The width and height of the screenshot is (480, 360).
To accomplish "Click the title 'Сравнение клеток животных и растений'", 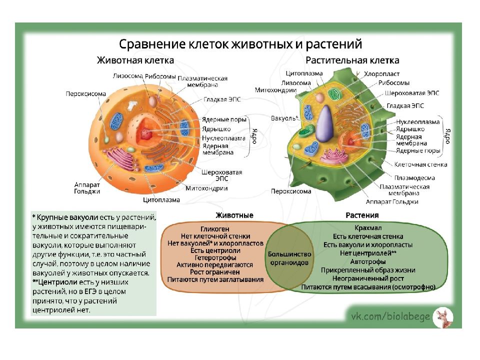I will (240, 44).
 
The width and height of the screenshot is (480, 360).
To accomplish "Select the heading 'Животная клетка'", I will (135, 60).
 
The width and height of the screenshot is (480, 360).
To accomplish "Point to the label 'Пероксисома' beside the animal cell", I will (86, 93).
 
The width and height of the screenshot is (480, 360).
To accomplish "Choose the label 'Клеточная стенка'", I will (420, 164).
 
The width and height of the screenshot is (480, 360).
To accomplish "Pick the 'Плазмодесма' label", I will (414, 177).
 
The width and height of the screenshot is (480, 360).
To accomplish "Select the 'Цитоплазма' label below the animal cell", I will (161, 200).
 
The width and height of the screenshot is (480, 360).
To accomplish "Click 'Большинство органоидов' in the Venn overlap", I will (290, 258).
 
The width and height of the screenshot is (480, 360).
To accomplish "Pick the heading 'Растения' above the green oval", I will (362, 215).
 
